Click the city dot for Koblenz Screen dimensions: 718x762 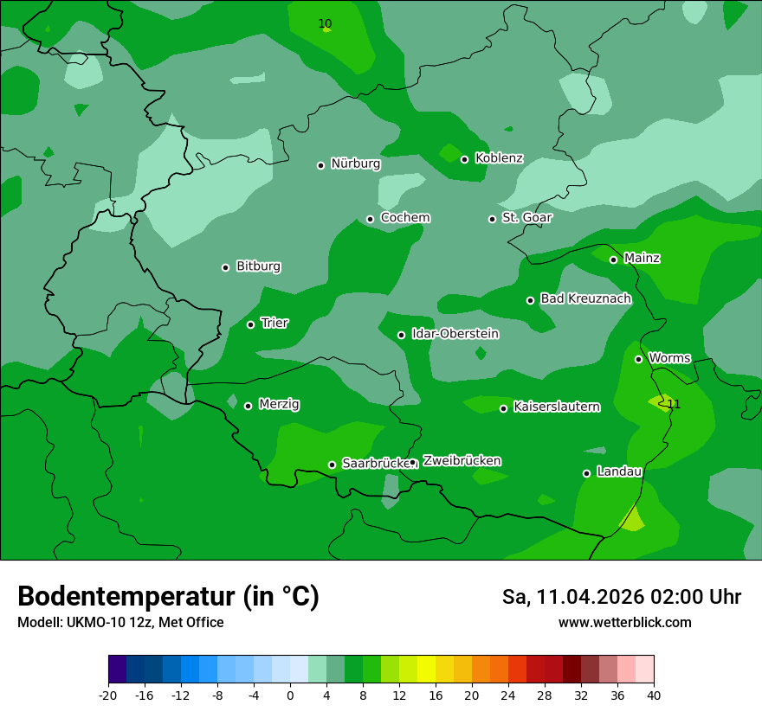(464, 159)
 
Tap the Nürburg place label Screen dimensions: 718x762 (355, 163)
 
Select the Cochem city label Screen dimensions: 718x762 (405, 218)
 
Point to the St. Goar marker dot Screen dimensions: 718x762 (492, 219)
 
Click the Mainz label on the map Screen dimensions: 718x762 (642, 258)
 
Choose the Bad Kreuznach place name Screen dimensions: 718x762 (585, 298)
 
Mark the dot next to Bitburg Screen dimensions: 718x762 (225, 267)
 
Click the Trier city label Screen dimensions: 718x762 (274, 323)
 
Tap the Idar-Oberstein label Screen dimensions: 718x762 (455, 334)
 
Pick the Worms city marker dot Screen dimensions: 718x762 (638, 359)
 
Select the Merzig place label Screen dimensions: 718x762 (279, 404)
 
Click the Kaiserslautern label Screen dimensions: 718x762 (556, 407)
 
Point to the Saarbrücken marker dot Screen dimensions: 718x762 (332, 465)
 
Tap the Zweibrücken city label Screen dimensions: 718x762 (462, 461)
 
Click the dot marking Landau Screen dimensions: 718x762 (586, 473)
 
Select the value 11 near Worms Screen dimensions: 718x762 (674, 404)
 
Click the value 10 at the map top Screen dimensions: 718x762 (325, 23)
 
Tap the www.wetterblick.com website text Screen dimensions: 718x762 (624, 623)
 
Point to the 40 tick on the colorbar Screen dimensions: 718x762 (654, 694)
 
